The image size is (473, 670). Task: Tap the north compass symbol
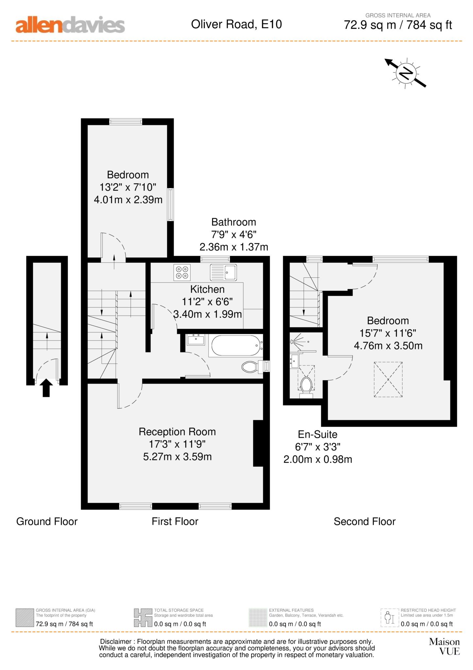(x=406, y=73)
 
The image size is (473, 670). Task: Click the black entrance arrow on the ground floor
(x=46, y=388)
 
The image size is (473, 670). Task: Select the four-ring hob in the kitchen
(x=182, y=273)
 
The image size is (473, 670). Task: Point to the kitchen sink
(x=224, y=273)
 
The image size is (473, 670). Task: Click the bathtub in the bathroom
(x=236, y=345)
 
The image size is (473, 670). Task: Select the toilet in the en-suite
(x=306, y=387)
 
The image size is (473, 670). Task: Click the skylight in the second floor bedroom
(x=388, y=379)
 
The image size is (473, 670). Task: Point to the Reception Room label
(x=177, y=432)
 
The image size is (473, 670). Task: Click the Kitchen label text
(x=207, y=289)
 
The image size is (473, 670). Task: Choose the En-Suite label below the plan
(x=317, y=434)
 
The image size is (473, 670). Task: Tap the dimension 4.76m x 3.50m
(x=388, y=346)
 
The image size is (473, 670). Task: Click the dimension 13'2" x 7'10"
(x=128, y=187)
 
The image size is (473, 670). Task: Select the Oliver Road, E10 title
(x=236, y=24)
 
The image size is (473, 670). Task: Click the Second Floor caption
(x=364, y=521)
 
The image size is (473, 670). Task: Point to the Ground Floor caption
(x=47, y=521)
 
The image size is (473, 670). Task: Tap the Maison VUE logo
(x=444, y=646)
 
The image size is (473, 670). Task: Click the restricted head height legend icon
(x=390, y=618)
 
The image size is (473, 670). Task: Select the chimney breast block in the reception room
(x=258, y=443)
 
